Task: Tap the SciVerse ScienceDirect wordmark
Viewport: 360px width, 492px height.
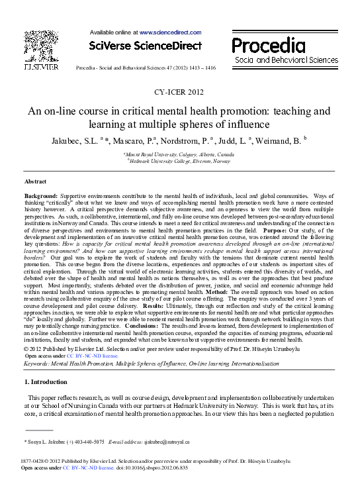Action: pyautogui.click(x=145, y=46)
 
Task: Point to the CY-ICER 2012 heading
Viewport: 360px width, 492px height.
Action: pyautogui.click(x=180, y=93)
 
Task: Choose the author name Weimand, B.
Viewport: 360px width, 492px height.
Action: pyautogui.click(x=279, y=140)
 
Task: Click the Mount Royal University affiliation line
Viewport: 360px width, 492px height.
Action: pyautogui.click(x=179, y=154)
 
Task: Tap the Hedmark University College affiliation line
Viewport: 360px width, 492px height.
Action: pyautogui.click(x=179, y=161)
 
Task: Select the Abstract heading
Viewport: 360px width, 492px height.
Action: pyautogui.click(x=35, y=180)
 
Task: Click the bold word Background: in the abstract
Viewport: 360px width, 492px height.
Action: pyautogui.click(x=40, y=197)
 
